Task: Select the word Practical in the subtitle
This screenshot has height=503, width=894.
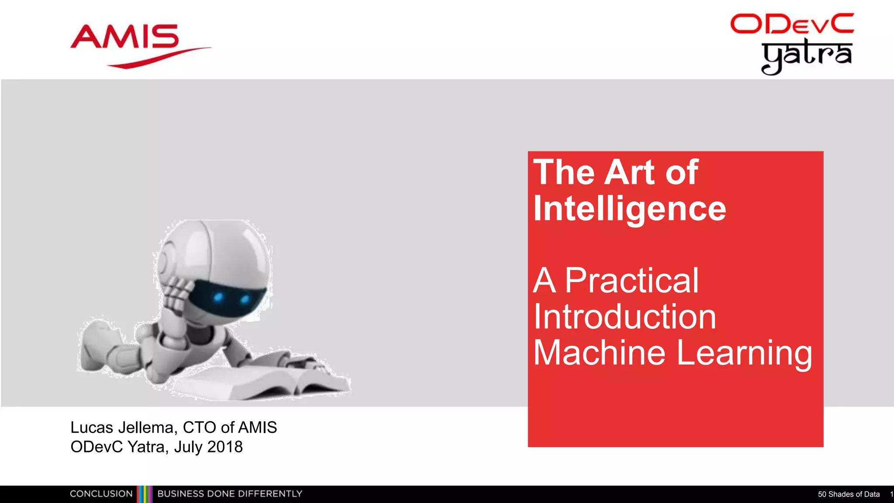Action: click(x=632, y=281)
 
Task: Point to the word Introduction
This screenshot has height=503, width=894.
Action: click(x=625, y=317)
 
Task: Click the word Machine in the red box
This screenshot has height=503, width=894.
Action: click(x=599, y=353)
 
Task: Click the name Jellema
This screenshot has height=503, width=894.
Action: click(x=148, y=427)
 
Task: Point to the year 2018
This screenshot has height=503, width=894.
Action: click(x=225, y=447)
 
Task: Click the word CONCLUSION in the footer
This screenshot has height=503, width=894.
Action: click(x=101, y=494)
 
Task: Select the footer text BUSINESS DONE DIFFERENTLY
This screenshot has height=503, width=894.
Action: click(x=230, y=494)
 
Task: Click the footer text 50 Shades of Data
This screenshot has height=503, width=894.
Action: click(x=849, y=494)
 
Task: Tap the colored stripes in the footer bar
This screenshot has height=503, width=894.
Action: click(x=145, y=494)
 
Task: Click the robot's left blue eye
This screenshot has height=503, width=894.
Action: click(x=218, y=298)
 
